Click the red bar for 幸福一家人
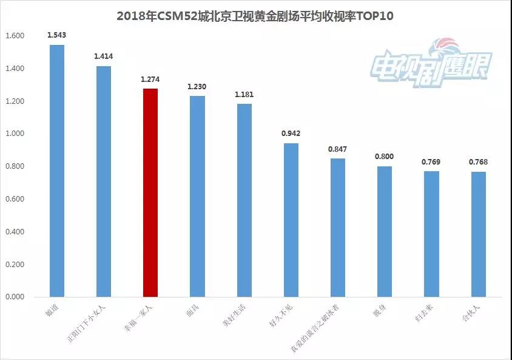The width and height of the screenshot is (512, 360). point(150,192)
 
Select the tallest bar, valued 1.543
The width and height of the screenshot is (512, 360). point(56,171)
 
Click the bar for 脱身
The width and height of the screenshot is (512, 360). point(385,231)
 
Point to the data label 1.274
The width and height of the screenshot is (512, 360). point(150,79)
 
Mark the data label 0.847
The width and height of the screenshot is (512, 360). point(337,149)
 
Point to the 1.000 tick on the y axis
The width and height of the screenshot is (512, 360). point(15,134)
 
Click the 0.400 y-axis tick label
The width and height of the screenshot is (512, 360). point(15,232)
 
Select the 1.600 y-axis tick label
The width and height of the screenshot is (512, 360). point(15,36)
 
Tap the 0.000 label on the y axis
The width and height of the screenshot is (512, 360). point(15,297)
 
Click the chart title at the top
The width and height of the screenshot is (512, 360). point(255,16)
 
